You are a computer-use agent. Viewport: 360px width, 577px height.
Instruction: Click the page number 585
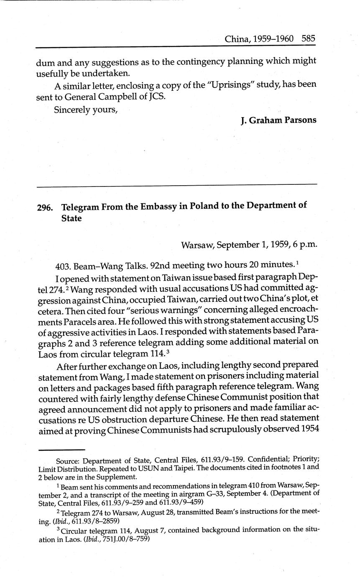click(x=308, y=39)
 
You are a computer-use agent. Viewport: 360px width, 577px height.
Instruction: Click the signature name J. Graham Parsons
click(x=278, y=120)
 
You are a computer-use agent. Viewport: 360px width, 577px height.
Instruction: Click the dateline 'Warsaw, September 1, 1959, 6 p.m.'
click(x=249, y=245)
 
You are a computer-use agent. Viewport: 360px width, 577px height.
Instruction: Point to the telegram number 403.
click(x=62, y=266)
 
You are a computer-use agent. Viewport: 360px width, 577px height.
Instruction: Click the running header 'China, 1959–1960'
click(x=259, y=39)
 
